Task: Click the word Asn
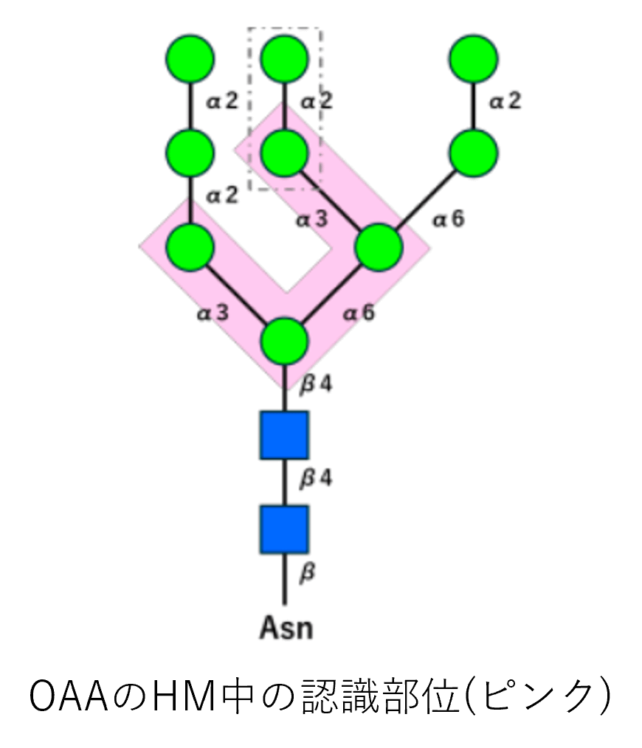click(x=286, y=628)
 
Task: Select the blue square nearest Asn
click(x=284, y=529)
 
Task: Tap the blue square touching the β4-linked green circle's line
click(x=284, y=434)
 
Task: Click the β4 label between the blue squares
click(x=316, y=479)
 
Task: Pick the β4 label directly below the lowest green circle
click(x=316, y=384)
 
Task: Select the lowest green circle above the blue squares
click(x=285, y=341)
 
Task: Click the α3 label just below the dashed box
click(x=312, y=219)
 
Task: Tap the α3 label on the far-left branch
click(x=213, y=314)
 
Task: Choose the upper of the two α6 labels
click(x=449, y=219)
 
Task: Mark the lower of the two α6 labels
click(x=359, y=313)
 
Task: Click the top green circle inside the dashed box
click(x=285, y=58)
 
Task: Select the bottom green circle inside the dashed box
click(x=285, y=153)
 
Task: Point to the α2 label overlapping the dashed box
click(x=317, y=100)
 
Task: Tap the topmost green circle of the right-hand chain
click(x=473, y=58)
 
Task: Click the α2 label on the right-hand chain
click(x=505, y=100)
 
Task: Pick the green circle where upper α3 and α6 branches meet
click(x=379, y=246)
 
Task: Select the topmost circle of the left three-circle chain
click(x=190, y=58)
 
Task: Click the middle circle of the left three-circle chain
click(x=190, y=153)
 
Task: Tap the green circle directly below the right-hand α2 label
click(x=473, y=153)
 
